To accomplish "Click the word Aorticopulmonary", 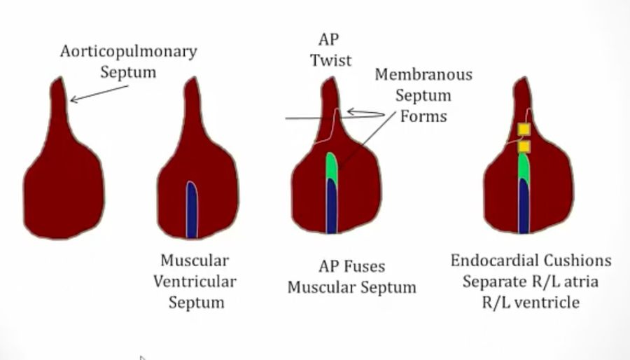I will point(129,52).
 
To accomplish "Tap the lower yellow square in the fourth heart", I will point(524,146).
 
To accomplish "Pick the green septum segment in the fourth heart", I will point(523,167).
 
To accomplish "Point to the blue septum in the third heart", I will point(332,207).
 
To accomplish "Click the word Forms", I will point(423,116).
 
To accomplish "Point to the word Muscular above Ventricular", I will point(195,261).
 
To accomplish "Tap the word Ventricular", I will point(195,282).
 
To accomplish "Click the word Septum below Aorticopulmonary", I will point(128,72).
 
